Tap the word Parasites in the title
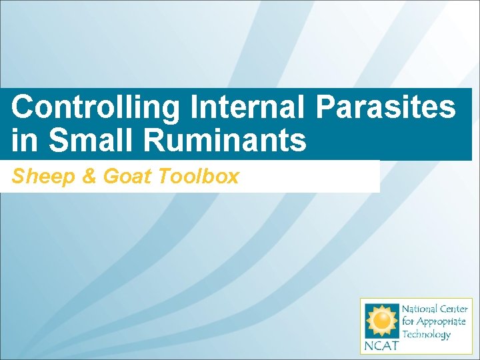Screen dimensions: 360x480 tap(387, 107)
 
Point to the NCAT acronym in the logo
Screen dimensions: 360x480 tap(379, 346)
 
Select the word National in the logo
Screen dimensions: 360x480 tap(419, 309)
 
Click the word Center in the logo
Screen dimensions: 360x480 tap(453, 309)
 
